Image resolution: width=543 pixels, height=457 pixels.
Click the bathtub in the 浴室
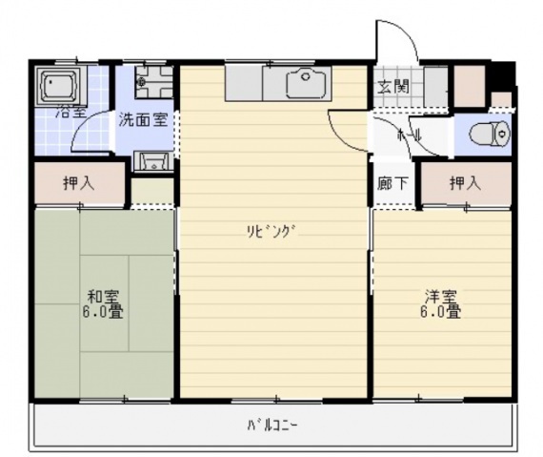coord(60,87)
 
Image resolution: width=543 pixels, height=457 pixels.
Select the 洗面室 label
coord(144,121)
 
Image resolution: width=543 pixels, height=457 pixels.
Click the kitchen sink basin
coord(307,84)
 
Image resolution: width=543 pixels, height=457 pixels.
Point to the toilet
coord(493,134)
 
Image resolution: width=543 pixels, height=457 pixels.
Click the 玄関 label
coord(393,88)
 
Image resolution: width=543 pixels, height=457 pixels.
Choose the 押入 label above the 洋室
coord(464,183)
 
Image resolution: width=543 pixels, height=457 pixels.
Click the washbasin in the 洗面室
coord(151,159)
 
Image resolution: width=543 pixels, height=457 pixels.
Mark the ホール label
coord(416,135)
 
